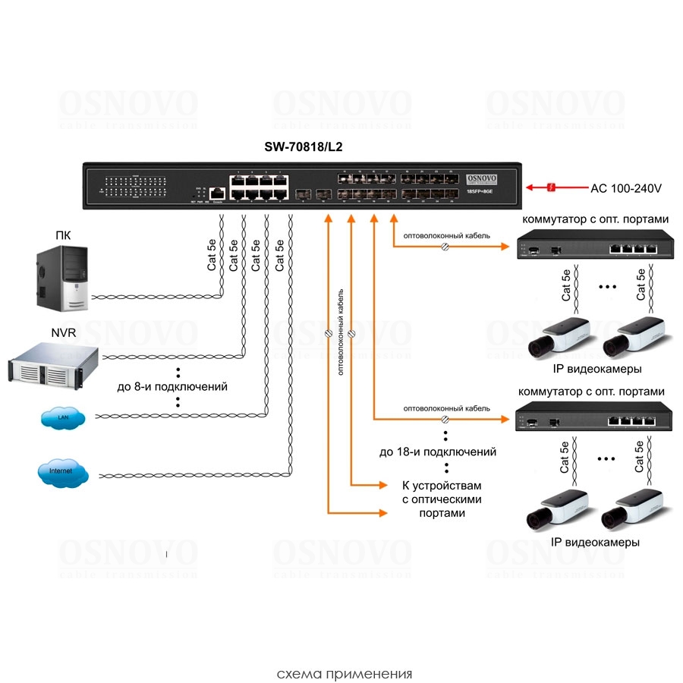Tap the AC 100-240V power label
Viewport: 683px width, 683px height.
[627, 187]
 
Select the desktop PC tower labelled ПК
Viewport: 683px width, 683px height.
[64, 277]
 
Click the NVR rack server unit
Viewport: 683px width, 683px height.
[52, 362]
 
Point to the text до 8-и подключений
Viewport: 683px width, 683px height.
[172, 386]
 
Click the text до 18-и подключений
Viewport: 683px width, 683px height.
[438, 452]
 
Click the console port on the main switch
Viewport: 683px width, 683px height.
[218, 194]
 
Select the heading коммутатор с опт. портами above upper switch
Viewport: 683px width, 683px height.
[593, 219]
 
